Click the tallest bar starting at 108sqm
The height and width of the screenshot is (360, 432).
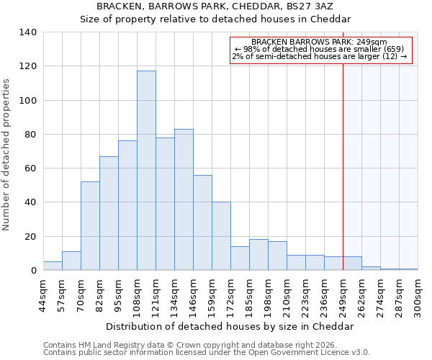(x=146, y=171)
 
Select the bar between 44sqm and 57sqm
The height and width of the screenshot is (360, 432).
(x=53, y=266)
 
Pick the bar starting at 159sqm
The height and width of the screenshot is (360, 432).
(x=221, y=236)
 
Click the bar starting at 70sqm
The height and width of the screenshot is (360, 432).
(x=90, y=226)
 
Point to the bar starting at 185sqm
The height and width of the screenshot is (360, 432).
(x=258, y=255)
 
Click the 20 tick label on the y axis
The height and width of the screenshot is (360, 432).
(x=30, y=237)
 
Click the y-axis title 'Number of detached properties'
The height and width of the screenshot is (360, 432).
(x=6, y=155)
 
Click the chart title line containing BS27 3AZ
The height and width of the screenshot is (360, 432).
(x=215, y=6)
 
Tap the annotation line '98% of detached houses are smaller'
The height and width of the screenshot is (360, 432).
(x=321, y=49)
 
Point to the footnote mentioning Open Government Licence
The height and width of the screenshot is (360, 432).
(x=206, y=353)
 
